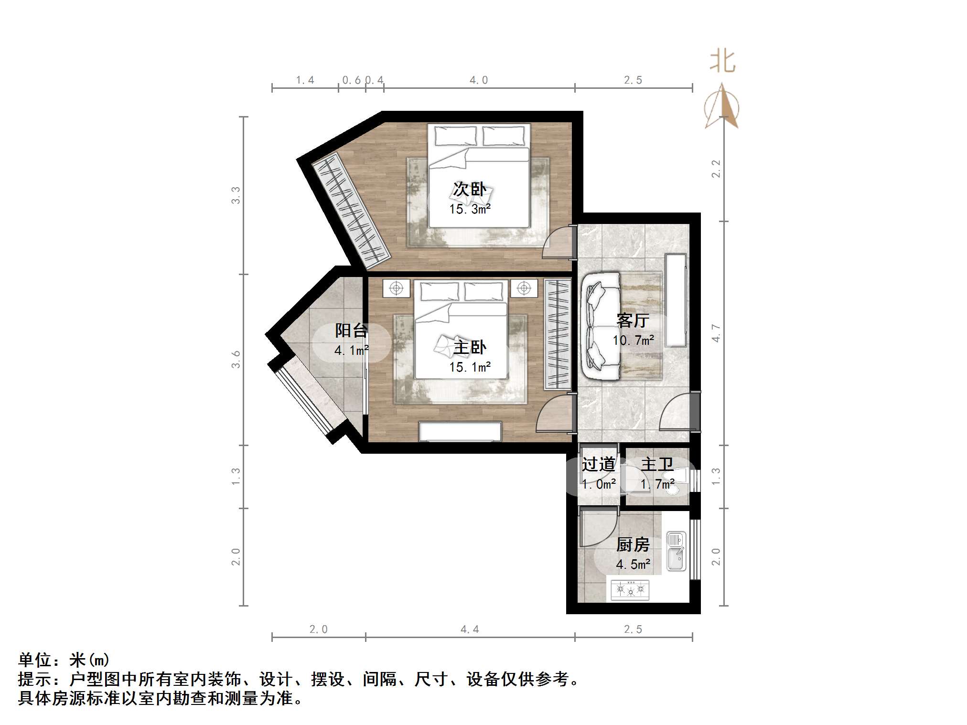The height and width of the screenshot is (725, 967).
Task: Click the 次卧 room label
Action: click(x=470, y=190)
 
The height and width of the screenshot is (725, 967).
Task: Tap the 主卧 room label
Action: click(x=470, y=347)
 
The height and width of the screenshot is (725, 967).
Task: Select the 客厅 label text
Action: click(x=633, y=320)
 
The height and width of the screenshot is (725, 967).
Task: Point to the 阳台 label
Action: click(x=351, y=331)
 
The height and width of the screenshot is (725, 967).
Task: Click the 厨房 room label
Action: click(x=633, y=544)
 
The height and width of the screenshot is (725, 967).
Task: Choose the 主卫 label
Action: click(x=657, y=464)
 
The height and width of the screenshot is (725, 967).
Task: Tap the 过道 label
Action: click(x=598, y=464)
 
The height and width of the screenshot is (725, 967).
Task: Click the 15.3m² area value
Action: click(x=470, y=209)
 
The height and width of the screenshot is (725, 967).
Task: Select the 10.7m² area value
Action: click(x=633, y=340)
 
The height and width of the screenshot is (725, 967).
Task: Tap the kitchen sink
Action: click(x=676, y=552)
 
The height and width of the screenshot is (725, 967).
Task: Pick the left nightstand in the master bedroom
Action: click(x=396, y=288)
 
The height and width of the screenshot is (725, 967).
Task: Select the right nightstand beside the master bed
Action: click(x=524, y=288)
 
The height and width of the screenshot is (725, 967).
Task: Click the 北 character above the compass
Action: click(x=722, y=62)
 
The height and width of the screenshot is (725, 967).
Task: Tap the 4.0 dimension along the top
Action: click(x=478, y=80)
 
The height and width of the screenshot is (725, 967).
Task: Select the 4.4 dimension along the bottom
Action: click(x=470, y=629)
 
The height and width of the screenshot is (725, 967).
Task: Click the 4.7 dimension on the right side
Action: click(x=716, y=333)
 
